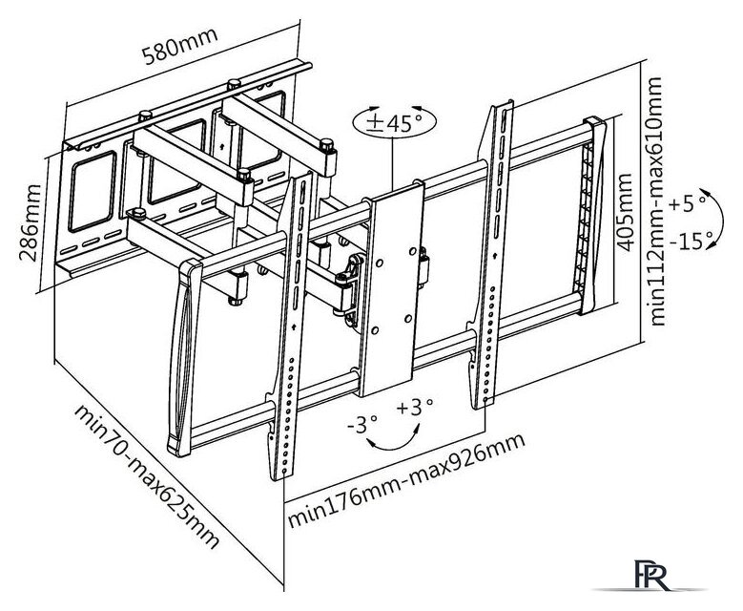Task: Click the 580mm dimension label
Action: point(181,38)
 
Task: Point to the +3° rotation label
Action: point(417,407)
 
